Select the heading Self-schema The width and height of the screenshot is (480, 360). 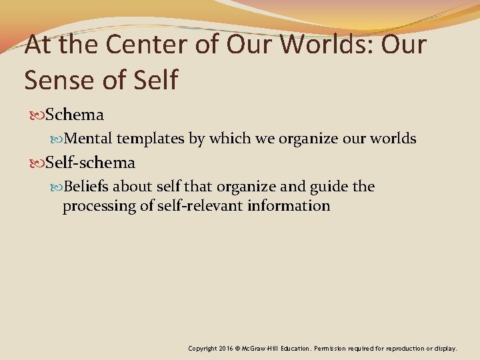click(90, 163)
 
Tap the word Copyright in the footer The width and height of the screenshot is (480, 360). click(203, 348)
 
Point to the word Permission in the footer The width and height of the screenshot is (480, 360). click(330, 348)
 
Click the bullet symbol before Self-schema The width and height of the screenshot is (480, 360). click(38, 163)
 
